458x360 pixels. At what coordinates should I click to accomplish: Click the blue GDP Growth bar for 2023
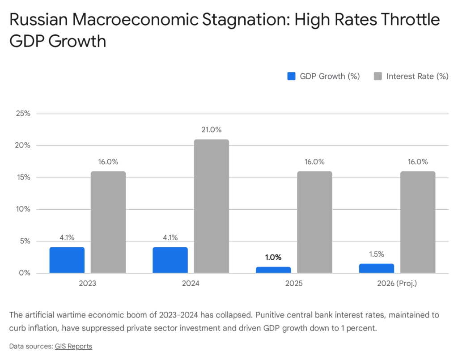point(67,260)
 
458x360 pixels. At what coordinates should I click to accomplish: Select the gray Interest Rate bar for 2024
point(212,206)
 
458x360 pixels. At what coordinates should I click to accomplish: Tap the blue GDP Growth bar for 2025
point(273,270)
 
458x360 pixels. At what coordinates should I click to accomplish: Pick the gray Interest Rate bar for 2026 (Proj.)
point(418,222)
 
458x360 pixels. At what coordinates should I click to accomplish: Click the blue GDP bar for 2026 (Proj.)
point(377,268)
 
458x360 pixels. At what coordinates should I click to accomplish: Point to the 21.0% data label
point(212,130)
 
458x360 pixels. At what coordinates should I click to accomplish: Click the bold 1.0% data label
point(273,257)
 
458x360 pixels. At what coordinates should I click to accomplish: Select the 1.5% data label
point(377,254)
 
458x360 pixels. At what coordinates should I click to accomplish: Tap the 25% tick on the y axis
point(22,114)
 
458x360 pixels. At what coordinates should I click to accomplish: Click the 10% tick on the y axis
point(22,209)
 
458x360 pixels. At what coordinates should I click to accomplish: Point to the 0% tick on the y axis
point(24,273)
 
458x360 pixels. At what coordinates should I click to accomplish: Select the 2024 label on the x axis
point(191,284)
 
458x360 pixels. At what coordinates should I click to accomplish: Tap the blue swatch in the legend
point(291,76)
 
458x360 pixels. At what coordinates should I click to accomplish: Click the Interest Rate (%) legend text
point(417,76)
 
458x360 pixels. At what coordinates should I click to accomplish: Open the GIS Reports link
point(73,346)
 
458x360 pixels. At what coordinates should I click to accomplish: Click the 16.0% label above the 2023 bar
point(108,162)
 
